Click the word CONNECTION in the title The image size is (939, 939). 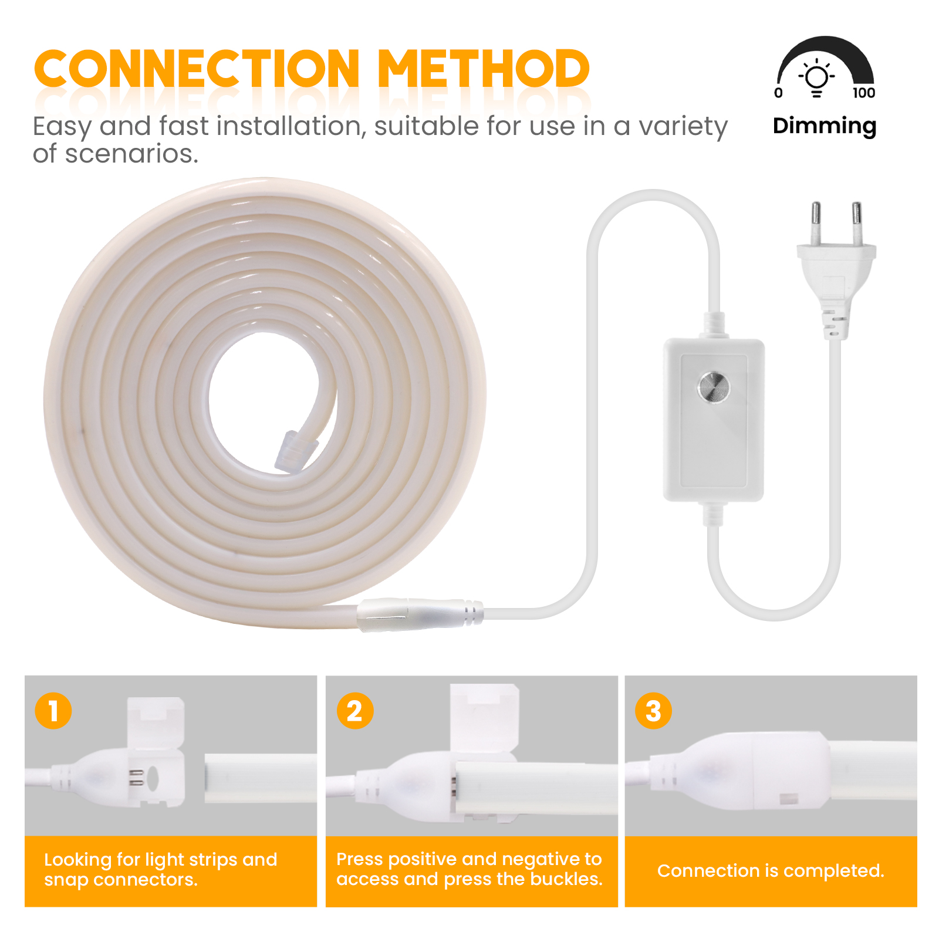[197, 69]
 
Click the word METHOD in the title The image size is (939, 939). [483, 69]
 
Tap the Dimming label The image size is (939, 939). [825, 126]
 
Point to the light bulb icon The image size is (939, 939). [816, 79]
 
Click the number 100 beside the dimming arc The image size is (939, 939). [864, 93]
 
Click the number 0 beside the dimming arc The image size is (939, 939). [778, 93]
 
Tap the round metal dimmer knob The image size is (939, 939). [714, 387]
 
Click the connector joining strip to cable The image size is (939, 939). [420, 614]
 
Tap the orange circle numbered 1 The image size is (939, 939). [53, 711]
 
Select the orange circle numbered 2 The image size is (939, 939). [354, 711]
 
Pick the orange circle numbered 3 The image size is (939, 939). [653, 711]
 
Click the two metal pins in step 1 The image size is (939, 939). [136, 778]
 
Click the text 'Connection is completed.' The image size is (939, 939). [771, 871]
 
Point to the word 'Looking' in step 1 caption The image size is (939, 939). [78, 860]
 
